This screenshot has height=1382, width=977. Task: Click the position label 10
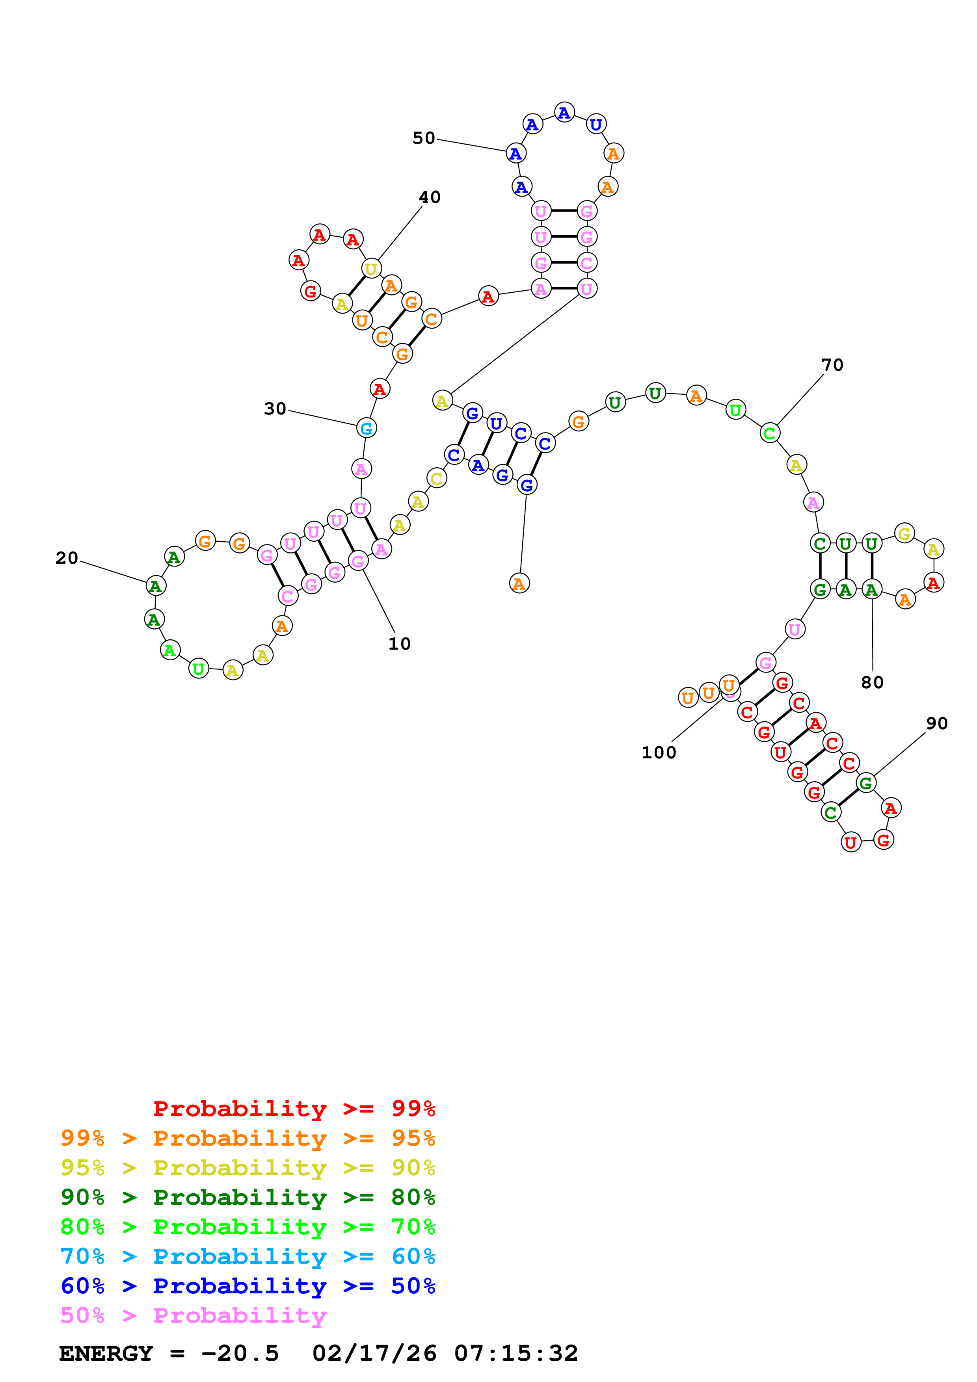[x=399, y=644]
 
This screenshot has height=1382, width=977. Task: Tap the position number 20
[x=67, y=559]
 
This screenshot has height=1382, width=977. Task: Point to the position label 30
[x=275, y=409]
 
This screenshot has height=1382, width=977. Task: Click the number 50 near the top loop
[x=423, y=138]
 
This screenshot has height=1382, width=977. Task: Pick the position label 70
[x=832, y=365]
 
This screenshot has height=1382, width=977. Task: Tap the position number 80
[x=872, y=683]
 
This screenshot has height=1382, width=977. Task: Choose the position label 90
[x=937, y=724]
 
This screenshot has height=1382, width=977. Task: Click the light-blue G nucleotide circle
[x=366, y=429]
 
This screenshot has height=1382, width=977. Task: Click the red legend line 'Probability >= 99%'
[x=294, y=1109]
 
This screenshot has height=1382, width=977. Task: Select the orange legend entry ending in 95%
[x=248, y=1138]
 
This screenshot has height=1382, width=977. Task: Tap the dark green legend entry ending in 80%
[x=248, y=1197]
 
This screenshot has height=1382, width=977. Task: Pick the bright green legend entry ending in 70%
[x=248, y=1227]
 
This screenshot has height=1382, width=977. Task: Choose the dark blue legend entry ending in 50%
[x=248, y=1286]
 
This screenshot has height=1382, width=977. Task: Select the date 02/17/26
[x=374, y=1354]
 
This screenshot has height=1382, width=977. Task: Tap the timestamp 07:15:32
[x=516, y=1354]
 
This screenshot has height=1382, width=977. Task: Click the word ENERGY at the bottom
[x=106, y=1354]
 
